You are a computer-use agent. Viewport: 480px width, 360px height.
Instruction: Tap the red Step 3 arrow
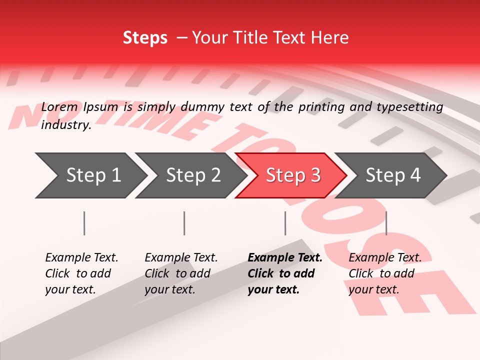[x=291, y=175]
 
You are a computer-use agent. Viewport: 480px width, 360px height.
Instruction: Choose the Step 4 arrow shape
[x=391, y=175]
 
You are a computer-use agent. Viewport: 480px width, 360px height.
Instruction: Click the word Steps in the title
[x=145, y=37]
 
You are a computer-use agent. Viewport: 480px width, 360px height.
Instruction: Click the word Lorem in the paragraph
[x=59, y=106]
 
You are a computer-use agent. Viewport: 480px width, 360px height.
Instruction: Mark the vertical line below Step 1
[x=84, y=223]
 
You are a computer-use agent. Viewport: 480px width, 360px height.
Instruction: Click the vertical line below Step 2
[x=184, y=223]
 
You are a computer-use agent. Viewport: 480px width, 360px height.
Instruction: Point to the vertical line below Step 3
[x=285, y=223]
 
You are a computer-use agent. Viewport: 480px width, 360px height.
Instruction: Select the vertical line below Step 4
[x=386, y=223]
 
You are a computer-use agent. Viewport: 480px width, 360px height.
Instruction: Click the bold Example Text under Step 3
[x=285, y=258]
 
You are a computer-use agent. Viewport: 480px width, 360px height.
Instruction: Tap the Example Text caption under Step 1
[x=81, y=258]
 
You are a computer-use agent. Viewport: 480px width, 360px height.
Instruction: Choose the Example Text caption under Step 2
[x=181, y=258]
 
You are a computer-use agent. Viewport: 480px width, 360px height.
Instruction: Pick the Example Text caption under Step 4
[x=385, y=258]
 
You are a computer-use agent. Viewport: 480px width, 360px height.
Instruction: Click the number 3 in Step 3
[x=315, y=175]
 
